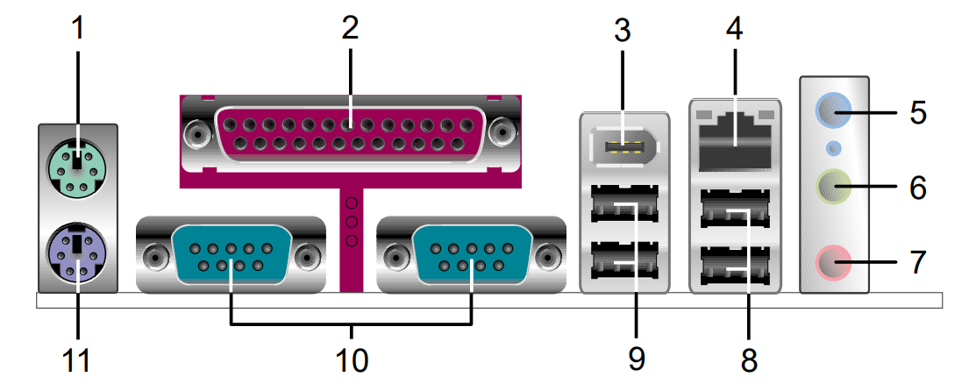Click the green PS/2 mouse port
[75, 167]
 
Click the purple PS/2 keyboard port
[75, 252]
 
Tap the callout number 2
[350, 28]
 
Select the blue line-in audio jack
[834, 111]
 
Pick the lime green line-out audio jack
[834, 187]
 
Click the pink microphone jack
[834, 262]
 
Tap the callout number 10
[352, 360]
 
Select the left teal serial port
[230, 255]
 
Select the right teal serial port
[471, 255]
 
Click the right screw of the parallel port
[502, 132]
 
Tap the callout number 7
[918, 262]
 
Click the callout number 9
[636, 360]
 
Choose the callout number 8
[749, 360]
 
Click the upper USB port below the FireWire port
[623, 204]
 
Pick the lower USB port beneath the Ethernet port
[735, 267]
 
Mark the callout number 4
[734, 28]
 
